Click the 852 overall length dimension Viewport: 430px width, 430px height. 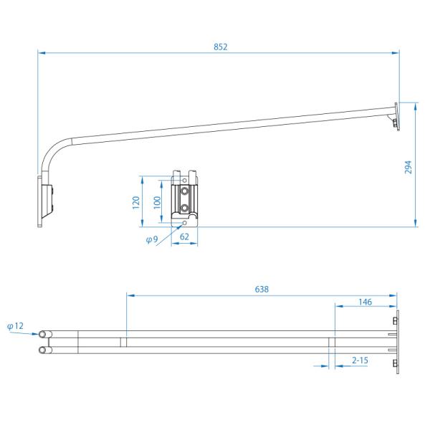(221, 47)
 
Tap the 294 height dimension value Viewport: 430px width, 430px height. (408, 167)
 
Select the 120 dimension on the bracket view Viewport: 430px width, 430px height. (136, 203)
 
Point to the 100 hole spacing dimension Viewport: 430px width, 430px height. (157, 203)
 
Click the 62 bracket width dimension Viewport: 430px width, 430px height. (184, 236)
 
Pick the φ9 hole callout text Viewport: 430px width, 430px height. (152, 239)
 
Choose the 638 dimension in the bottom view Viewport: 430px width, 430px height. (262, 290)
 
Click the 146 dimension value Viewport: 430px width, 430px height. (365, 302)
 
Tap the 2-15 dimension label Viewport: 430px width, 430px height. (360, 360)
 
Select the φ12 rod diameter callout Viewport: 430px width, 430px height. (15, 326)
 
